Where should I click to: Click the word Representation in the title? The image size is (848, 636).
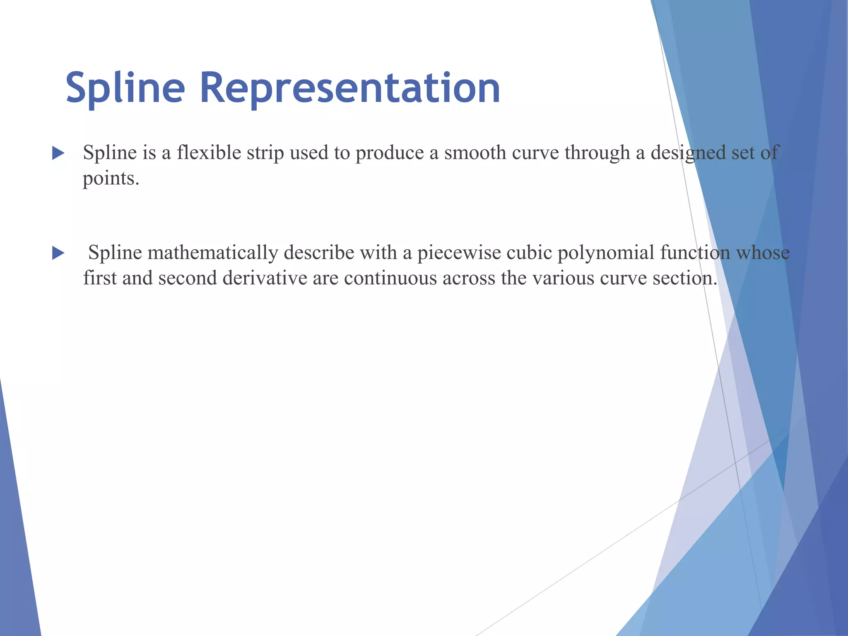point(350,88)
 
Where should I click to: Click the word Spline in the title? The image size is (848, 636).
point(125,88)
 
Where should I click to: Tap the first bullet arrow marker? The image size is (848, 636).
point(58,154)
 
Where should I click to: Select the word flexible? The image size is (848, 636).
point(209,152)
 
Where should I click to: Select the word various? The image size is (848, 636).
point(563,278)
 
